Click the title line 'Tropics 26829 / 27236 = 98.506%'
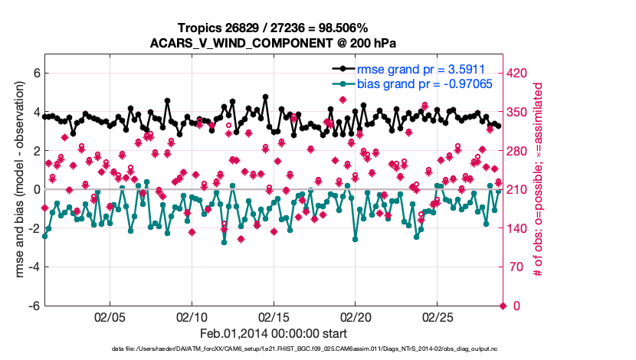(274, 28)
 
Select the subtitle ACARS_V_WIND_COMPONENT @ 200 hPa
(274, 43)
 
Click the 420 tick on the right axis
(520, 74)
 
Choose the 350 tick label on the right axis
(520, 113)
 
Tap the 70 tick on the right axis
(517, 267)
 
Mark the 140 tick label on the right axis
(520, 228)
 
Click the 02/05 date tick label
(110, 316)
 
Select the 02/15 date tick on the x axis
(273, 316)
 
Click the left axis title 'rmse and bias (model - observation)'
(16, 180)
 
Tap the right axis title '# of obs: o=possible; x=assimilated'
(539, 180)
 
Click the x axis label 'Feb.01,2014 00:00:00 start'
(274, 333)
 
